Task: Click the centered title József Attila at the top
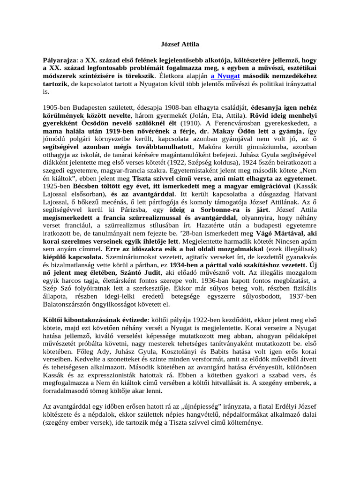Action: point(180,45)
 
